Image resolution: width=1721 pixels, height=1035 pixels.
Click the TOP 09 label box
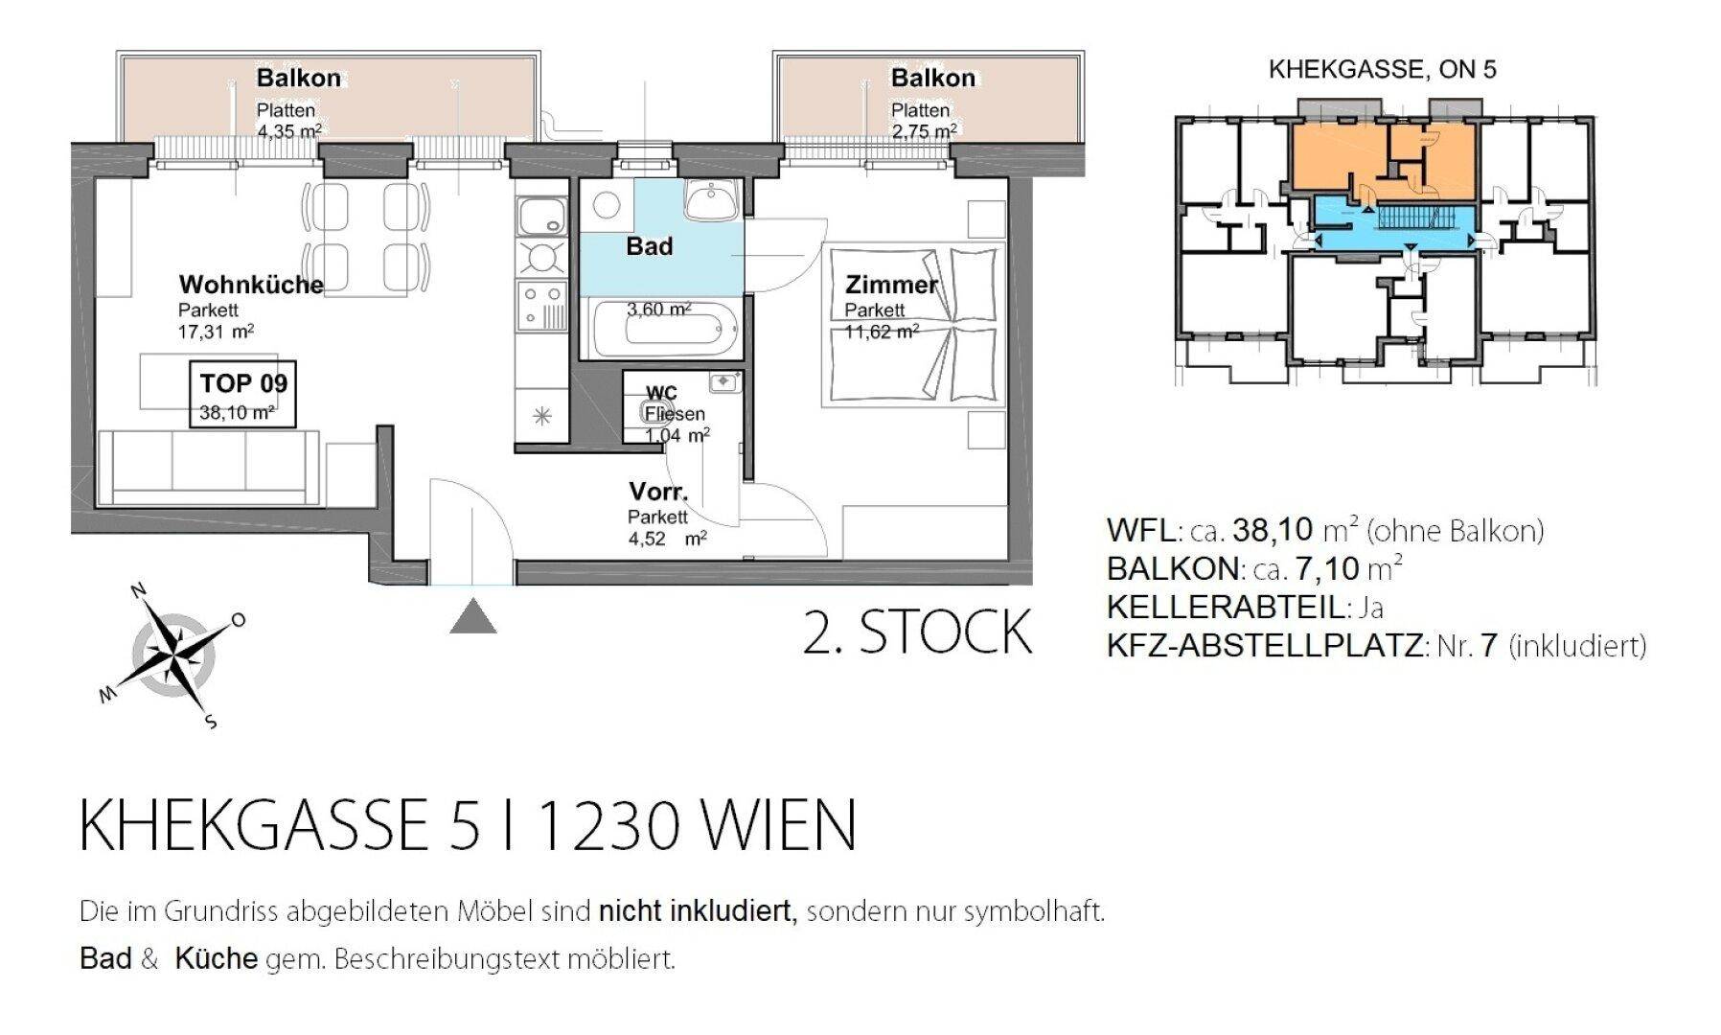[243, 394]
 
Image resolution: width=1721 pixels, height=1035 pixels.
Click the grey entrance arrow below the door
[473, 616]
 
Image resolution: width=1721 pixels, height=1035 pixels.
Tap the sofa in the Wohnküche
[209, 467]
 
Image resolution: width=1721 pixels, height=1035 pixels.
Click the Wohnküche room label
[251, 285]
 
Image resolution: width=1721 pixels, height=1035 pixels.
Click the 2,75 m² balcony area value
[924, 131]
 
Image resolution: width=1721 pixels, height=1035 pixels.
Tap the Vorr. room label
[658, 493]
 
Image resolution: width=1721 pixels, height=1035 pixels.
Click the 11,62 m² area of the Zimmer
[882, 332]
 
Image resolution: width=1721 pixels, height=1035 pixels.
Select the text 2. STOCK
[917, 632]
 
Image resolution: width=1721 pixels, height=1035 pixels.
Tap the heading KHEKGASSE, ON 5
[1382, 69]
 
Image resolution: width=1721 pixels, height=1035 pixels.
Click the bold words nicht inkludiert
[698, 910]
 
